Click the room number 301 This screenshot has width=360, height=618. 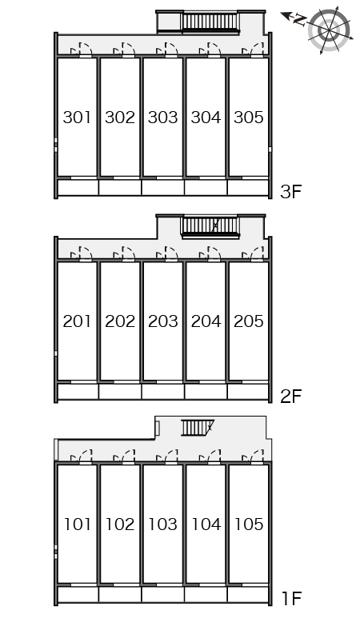pos(77,117)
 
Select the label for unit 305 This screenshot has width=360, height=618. pos(249,117)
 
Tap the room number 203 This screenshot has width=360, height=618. pos(163,321)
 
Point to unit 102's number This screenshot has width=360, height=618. pos(120,524)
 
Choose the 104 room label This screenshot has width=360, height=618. pos(206,524)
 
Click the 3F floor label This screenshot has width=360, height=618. pos(290,192)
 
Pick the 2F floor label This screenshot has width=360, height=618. pos(290,396)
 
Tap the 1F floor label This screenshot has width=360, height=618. pos(291,598)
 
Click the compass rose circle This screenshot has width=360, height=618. pos(329,30)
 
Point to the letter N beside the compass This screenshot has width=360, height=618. pos(301,19)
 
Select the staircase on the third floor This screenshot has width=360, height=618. pos(210,22)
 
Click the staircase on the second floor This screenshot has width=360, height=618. pos(210,227)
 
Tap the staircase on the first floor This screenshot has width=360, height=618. pos(197,427)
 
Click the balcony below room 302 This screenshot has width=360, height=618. pos(120,187)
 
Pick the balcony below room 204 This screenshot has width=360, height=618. pos(206,392)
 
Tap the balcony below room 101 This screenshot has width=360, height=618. pos(78,595)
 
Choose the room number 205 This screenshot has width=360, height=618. pos(249,321)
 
